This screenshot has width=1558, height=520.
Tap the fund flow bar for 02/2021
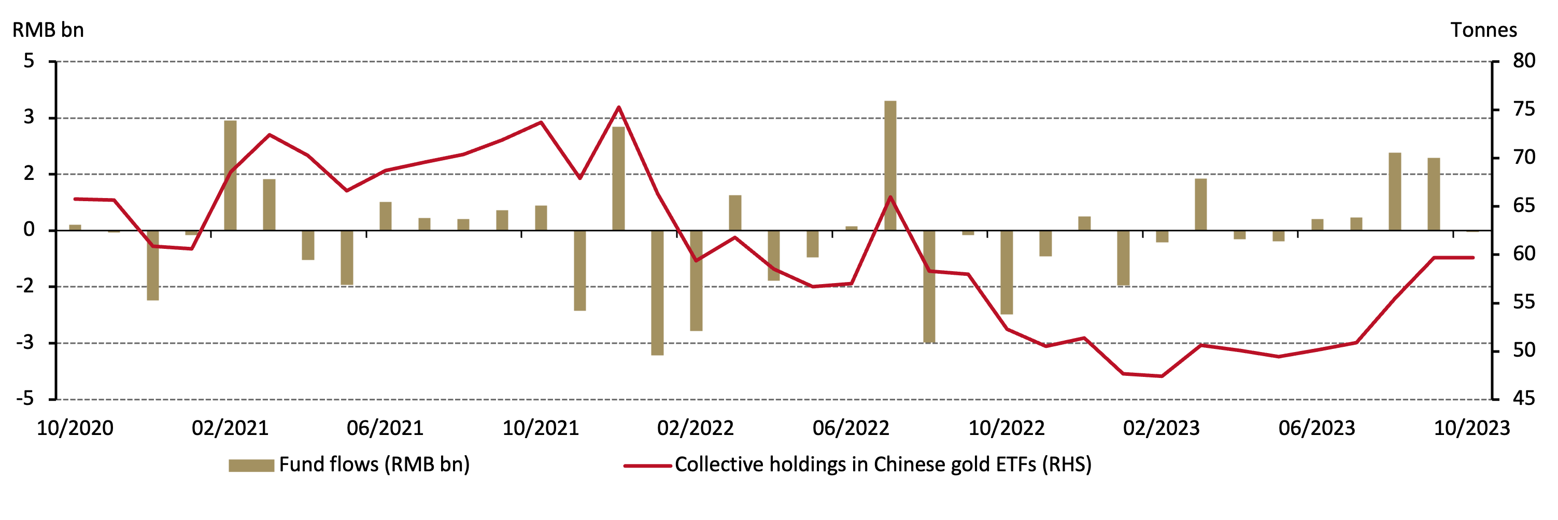point(231,175)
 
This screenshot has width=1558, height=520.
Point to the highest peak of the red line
point(618,108)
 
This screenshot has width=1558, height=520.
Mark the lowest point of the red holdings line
point(1161,376)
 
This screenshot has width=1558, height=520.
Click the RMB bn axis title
point(48,30)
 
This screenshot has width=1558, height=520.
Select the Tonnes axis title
point(1483,30)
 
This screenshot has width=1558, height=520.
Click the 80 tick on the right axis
point(1523,61)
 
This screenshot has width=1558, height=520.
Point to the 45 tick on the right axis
point(1523,399)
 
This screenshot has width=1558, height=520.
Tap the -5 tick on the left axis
point(25,399)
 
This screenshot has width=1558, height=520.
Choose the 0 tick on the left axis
point(29,230)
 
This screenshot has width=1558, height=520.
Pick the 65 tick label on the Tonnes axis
point(1523,206)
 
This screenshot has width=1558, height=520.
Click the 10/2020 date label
point(75,428)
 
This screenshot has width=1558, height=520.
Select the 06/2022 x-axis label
point(851,428)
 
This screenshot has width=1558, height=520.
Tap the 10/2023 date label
point(1471,428)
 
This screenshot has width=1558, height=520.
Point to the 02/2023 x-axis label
point(1161,428)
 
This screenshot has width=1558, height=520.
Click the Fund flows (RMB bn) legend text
point(374,465)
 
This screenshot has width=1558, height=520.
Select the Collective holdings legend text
point(883,465)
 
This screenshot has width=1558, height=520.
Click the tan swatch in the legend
point(251,466)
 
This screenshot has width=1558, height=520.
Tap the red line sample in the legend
point(647,466)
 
